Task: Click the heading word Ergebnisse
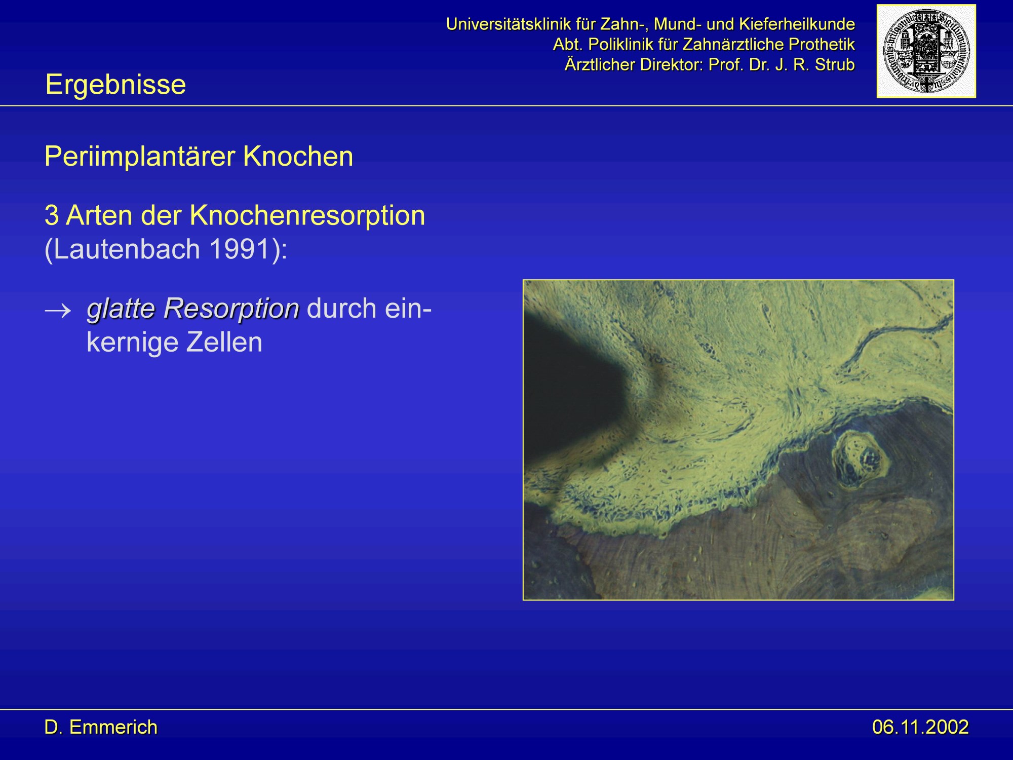pyautogui.click(x=115, y=85)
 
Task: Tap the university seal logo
pyautogui.click(x=926, y=51)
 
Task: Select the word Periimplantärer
pyautogui.click(x=140, y=157)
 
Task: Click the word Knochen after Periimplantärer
pyautogui.click(x=298, y=157)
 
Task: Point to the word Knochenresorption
pyautogui.click(x=307, y=216)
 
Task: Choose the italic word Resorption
pyautogui.click(x=231, y=309)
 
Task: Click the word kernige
pyautogui.click(x=133, y=343)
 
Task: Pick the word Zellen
pyautogui.click(x=224, y=342)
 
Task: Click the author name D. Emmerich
pyautogui.click(x=101, y=728)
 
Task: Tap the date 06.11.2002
pyautogui.click(x=920, y=728)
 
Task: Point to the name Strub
pyautogui.click(x=835, y=65)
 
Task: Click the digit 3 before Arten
pyautogui.click(x=52, y=216)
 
